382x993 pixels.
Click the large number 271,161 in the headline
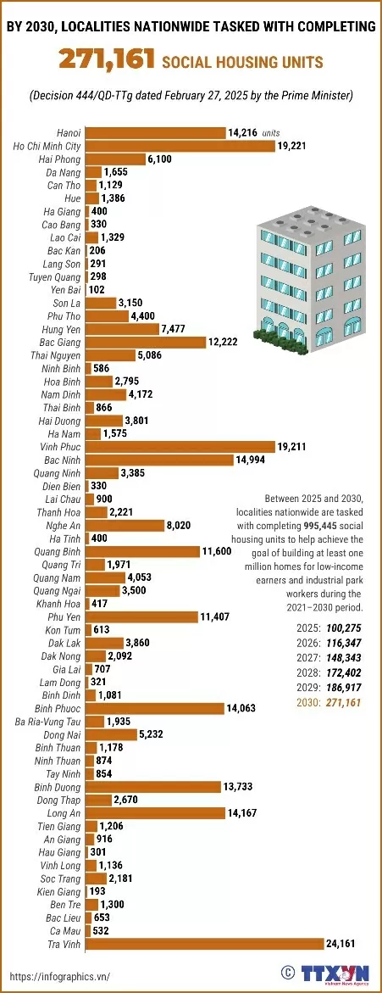pos(107,60)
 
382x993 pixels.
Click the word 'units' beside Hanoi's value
pos(271,133)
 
